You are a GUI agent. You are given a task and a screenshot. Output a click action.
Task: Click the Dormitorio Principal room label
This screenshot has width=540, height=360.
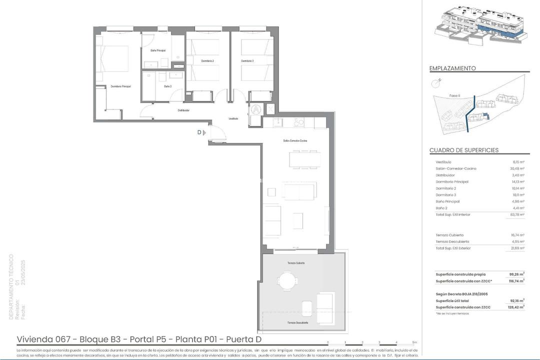pyautogui.click(x=120, y=86)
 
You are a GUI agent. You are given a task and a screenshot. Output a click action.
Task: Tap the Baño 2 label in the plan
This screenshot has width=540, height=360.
pyautogui.click(x=168, y=86)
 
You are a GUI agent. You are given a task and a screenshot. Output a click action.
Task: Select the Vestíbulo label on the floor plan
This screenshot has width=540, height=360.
pyautogui.click(x=233, y=119)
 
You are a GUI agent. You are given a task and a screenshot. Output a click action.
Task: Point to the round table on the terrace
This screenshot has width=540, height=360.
pyautogui.click(x=287, y=280)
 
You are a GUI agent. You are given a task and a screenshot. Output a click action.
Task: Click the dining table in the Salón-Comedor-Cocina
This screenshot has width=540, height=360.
pyautogui.click(x=304, y=159)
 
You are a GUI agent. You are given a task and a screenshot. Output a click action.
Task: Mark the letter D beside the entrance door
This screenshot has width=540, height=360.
pyautogui.click(x=199, y=132)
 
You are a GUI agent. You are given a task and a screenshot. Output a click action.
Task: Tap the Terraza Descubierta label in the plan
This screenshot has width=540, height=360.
pyautogui.click(x=297, y=323)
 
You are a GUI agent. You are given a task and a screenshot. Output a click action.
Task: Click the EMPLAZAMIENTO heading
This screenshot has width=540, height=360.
pyautogui.click(x=452, y=68)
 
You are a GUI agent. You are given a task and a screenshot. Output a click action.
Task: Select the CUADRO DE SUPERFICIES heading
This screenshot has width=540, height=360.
pyautogui.click(x=463, y=150)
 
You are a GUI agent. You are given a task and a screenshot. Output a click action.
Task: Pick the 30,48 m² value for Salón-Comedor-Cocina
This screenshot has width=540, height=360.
pyautogui.click(x=518, y=168)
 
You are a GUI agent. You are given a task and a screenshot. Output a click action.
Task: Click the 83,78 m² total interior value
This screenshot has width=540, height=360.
pyautogui.click(x=517, y=214)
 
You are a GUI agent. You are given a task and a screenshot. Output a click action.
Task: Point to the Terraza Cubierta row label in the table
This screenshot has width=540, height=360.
pyautogui.click(x=449, y=235)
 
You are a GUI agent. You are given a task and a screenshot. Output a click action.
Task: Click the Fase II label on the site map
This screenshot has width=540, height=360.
pyautogui.click(x=454, y=95)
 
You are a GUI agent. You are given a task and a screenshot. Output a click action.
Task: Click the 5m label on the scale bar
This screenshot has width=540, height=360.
pyautogui.click(x=414, y=342)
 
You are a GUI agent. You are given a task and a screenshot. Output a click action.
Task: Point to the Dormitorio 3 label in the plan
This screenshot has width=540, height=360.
pyautogui.click(x=247, y=61)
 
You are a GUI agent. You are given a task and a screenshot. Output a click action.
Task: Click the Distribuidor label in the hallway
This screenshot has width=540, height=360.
pyautogui.click(x=183, y=110)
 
